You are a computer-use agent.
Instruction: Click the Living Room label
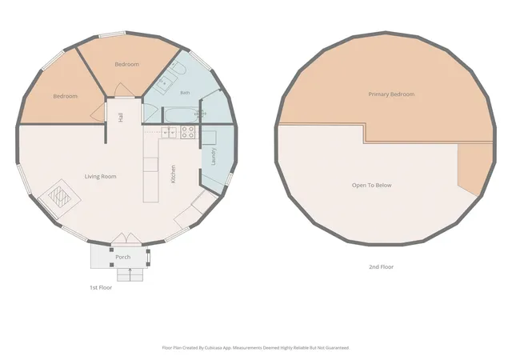click(x=100, y=177)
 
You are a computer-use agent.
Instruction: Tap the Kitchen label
click(x=173, y=174)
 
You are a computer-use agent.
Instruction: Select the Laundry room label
click(x=214, y=157)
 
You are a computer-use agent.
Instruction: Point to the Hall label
click(x=121, y=118)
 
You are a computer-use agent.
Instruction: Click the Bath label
click(x=185, y=93)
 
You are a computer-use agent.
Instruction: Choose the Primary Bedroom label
click(x=391, y=94)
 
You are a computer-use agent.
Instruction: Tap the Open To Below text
click(x=371, y=186)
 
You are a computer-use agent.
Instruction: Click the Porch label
click(x=122, y=257)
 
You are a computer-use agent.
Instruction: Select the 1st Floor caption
click(x=101, y=287)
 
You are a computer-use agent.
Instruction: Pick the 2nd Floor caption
click(x=381, y=266)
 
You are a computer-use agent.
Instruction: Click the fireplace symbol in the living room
click(x=59, y=198)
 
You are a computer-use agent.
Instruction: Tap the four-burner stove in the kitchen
click(x=188, y=132)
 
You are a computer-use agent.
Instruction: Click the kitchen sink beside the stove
click(x=169, y=132)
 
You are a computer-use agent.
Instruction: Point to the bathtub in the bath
click(x=181, y=115)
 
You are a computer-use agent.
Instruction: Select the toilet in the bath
click(x=178, y=68)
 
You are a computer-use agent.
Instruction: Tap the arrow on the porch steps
click(x=130, y=274)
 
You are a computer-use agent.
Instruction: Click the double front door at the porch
click(x=126, y=238)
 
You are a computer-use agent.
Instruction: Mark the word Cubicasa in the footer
click(x=214, y=348)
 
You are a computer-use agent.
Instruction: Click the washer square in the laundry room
click(x=209, y=138)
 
